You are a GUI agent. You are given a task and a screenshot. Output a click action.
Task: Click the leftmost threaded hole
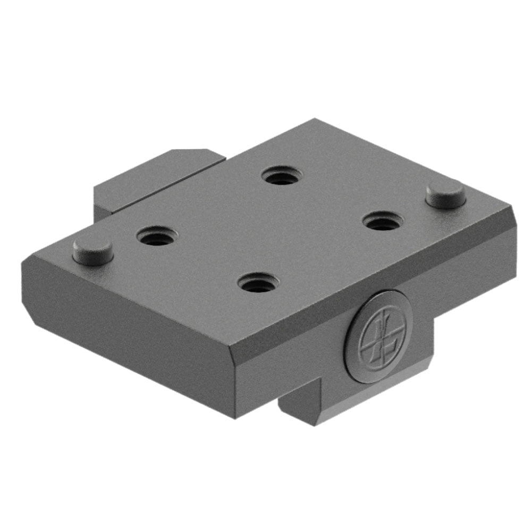click(157, 236)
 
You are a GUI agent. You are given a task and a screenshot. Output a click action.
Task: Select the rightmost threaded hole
click(383, 221)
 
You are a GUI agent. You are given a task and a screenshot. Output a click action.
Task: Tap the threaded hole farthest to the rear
click(282, 175)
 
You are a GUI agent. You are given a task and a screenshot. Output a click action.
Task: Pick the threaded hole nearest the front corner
click(258, 282)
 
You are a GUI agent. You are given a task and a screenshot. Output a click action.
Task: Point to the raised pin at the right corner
click(446, 193)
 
